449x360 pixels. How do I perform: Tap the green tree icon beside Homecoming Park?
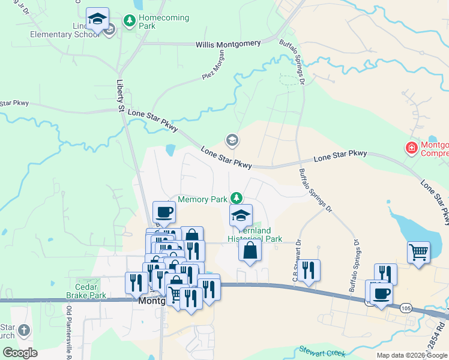(x=129, y=21)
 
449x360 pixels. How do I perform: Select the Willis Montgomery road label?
(x=228, y=44)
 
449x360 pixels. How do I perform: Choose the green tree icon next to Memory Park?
(x=237, y=197)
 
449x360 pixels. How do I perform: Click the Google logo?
(x=20, y=353)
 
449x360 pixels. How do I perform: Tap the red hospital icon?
(x=412, y=147)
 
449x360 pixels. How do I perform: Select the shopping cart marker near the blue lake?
(x=418, y=252)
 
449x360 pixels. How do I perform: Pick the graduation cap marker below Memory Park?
(x=241, y=215)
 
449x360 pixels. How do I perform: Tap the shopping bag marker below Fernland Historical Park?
(x=250, y=250)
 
